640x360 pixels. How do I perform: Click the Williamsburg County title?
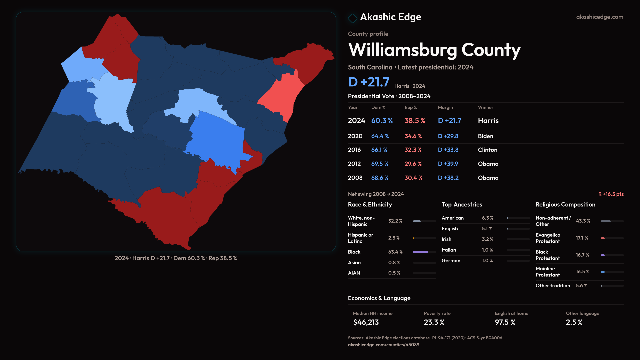coord(434,50)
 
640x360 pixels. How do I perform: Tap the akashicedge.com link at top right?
coord(599,17)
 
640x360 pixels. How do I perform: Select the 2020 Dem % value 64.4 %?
coord(380,136)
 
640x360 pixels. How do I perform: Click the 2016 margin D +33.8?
coord(448,150)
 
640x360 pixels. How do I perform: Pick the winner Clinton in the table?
coord(487,150)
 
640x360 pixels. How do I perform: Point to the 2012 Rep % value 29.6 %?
coord(413,164)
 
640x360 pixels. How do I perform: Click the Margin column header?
coord(445,107)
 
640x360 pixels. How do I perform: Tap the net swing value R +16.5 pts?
coord(611,194)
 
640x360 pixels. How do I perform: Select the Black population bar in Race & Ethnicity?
coord(421,252)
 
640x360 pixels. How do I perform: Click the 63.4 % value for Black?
coord(395,252)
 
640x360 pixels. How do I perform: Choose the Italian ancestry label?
coord(449,250)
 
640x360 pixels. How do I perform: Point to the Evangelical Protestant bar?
coord(603,238)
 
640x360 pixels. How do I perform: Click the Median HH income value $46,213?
coord(366,322)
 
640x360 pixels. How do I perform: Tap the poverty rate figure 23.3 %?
coord(434,322)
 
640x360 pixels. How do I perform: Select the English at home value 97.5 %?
coord(505,322)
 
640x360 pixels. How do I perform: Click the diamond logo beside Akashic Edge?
coord(352,18)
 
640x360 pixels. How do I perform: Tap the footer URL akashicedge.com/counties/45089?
coord(383,345)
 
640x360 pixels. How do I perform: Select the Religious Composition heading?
coord(565,205)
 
